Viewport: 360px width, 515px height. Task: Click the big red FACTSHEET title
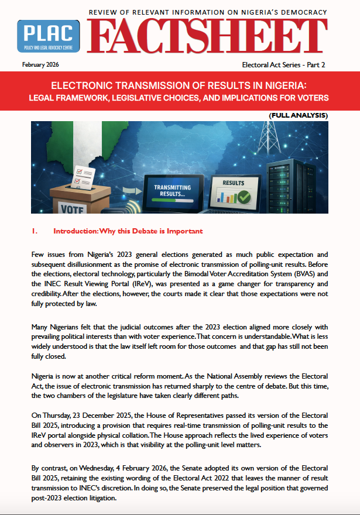208,36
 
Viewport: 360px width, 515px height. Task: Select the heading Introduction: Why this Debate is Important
128,231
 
